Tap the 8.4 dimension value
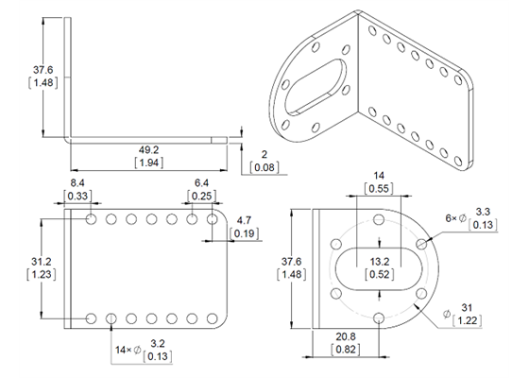[x=77, y=182]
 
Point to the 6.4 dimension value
[x=201, y=182]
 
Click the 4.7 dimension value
[x=245, y=218]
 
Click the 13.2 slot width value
[x=378, y=261]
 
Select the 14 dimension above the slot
[x=378, y=175]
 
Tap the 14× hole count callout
[x=127, y=351]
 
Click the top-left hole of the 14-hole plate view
[x=91, y=220]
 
